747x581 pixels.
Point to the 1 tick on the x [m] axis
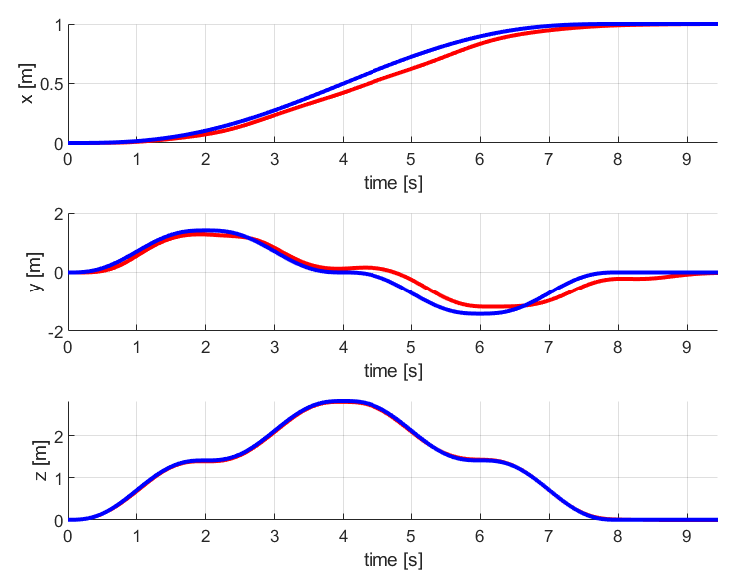(x=57, y=24)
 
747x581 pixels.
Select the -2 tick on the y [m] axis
(x=53, y=331)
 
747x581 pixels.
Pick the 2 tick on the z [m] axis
(x=57, y=436)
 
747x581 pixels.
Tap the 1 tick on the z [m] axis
(x=57, y=478)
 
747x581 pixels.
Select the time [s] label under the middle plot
(x=392, y=371)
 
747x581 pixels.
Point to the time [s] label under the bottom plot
(x=392, y=560)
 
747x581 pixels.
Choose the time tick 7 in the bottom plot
(x=548, y=537)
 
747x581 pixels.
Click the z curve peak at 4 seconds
(x=343, y=401)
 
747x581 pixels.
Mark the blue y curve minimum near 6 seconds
(x=480, y=313)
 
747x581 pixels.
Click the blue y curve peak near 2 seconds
(x=206, y=230)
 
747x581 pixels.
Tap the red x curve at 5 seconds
(x=411, y=67)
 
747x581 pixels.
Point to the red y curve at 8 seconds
(x=617, y=279)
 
